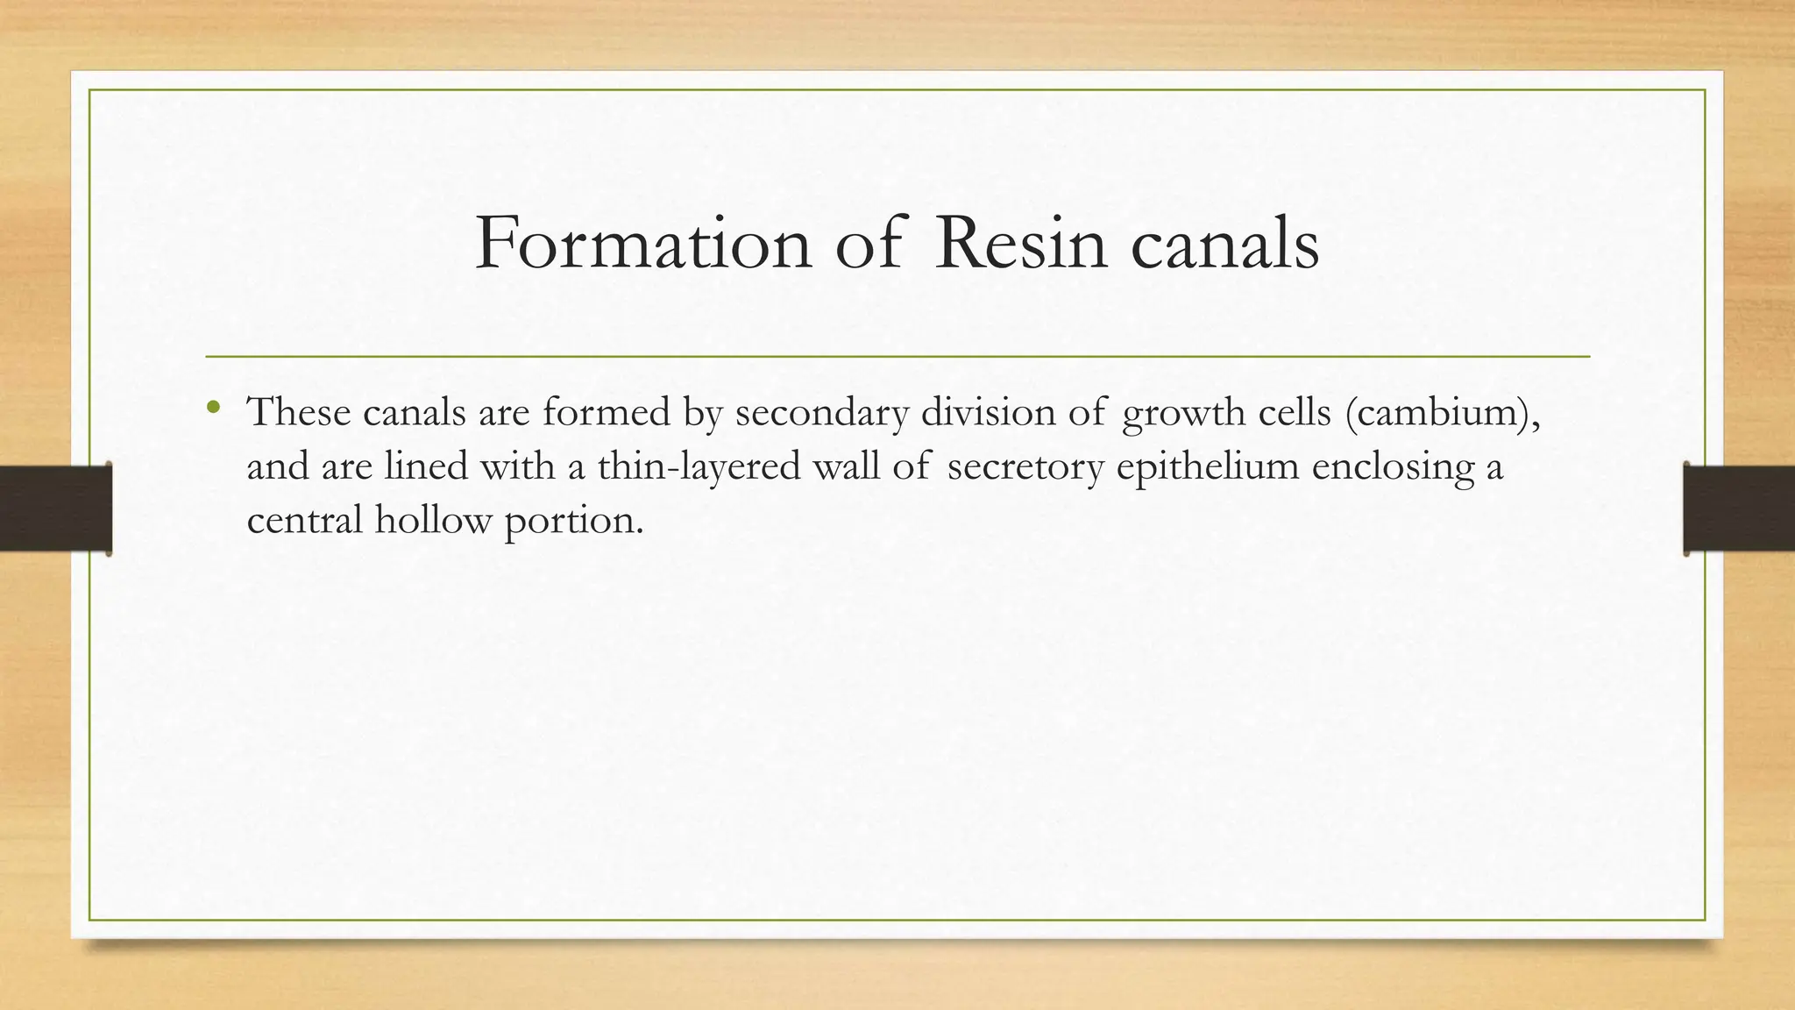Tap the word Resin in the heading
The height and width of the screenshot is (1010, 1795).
1020,243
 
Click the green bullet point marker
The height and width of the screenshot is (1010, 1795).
213,407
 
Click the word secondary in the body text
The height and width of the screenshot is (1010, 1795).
821,411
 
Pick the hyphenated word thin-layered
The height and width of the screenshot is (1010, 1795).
699,466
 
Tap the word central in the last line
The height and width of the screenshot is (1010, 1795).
304,520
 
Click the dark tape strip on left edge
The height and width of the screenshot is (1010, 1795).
55,509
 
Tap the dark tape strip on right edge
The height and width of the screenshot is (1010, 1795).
1739,509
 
